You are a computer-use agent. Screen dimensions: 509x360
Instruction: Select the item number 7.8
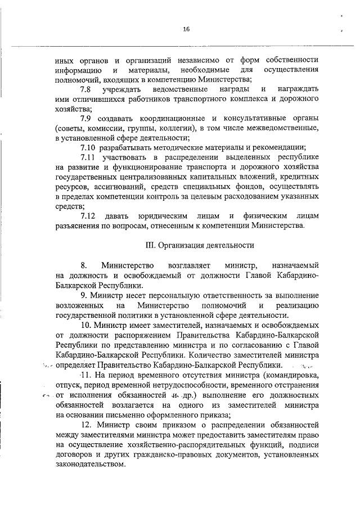click(85, 89)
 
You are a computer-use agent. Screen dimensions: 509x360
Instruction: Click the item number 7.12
click(88, 216)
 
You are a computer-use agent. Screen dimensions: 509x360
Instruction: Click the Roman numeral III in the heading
click(150, 245)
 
